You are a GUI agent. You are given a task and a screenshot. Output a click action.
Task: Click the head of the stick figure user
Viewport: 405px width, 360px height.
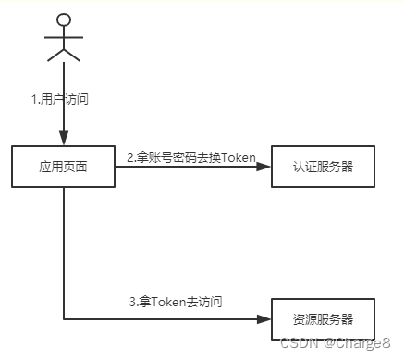[63, 19]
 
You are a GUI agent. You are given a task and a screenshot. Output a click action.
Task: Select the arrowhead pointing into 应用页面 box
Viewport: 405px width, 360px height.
[63, 140]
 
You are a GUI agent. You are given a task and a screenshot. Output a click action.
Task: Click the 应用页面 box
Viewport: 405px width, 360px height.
[63, 168]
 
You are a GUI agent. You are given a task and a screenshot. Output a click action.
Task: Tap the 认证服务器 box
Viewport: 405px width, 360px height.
[323, 168]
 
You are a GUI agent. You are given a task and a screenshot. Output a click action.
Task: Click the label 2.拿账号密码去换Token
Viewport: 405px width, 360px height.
[190, 157]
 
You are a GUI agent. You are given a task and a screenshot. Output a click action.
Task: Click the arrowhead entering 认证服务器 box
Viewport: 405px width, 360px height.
[265, 168]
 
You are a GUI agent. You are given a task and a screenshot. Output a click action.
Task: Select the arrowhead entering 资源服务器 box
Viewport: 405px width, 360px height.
[265, 319]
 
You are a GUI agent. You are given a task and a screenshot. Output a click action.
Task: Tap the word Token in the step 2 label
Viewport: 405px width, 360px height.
[239, 157]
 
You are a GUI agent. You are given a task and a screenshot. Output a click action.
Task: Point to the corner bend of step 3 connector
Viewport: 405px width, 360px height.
[63, 319]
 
